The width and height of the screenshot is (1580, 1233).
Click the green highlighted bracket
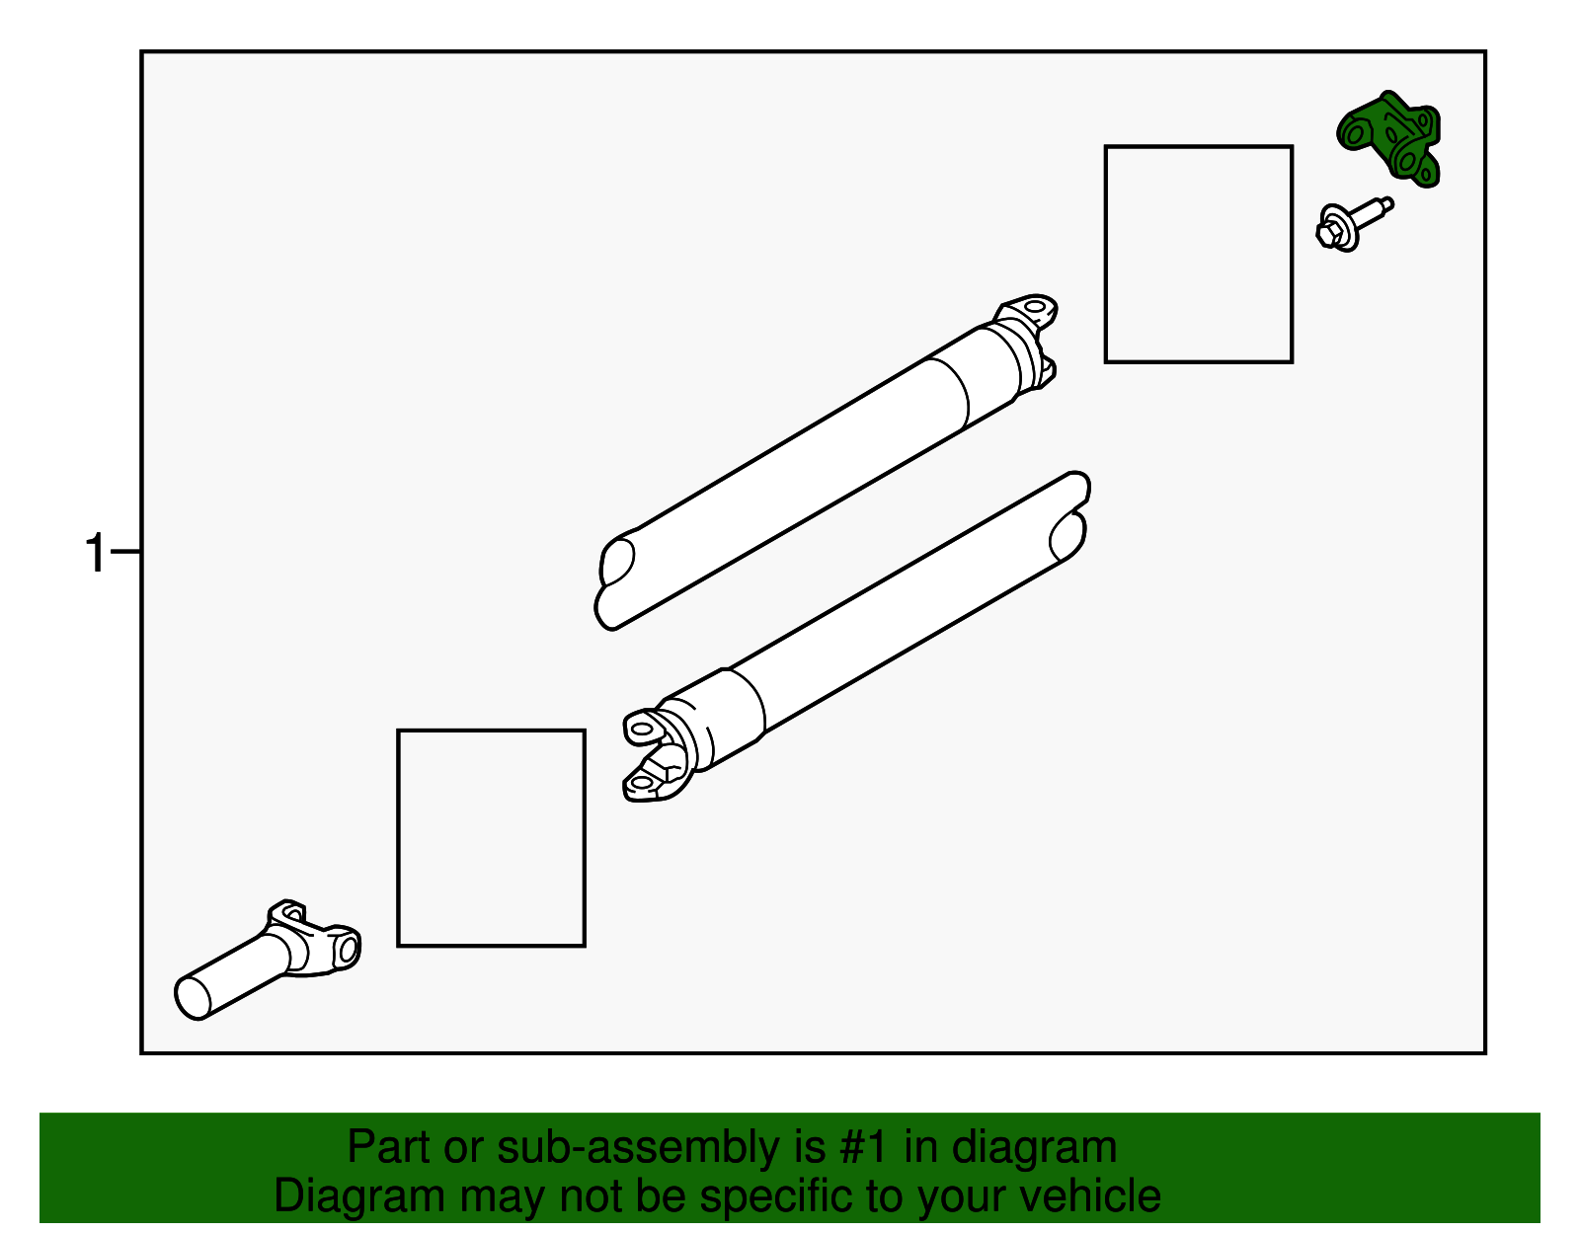[1387, 139]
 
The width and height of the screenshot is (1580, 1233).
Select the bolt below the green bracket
[1354, 224]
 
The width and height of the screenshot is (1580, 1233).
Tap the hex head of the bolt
[1329, 234]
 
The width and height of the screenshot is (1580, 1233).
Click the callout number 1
[95, 553]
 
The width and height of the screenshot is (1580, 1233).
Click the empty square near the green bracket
[1198, 255]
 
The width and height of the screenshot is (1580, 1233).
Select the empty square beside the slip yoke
[491, 838]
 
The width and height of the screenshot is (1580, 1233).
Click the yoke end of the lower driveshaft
[658, 755]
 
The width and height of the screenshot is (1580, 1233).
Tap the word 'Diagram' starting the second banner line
[359, 1195]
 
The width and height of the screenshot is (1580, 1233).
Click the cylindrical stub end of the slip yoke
[193, 998]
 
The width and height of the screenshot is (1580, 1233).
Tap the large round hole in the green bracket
[1354, 133]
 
